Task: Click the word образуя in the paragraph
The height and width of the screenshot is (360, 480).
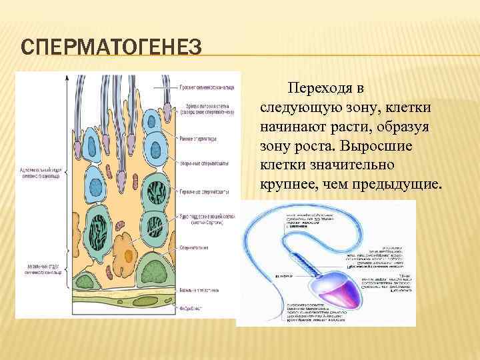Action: [x=409, y=127]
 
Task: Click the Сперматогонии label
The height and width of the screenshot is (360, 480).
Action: [x=194, y=247]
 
